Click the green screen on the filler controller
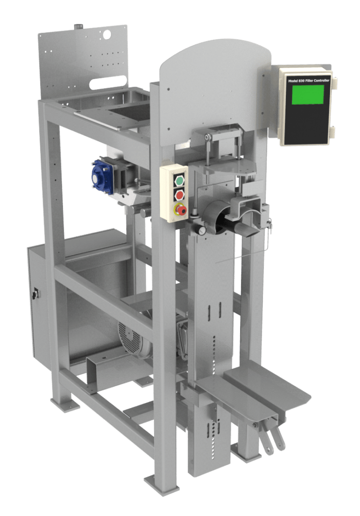click(x=308, y=94)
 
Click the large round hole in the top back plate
click(x=107, y=35)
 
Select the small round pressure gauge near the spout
click(x=201, y=231)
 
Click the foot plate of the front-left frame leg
click(x=162, y=485)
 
